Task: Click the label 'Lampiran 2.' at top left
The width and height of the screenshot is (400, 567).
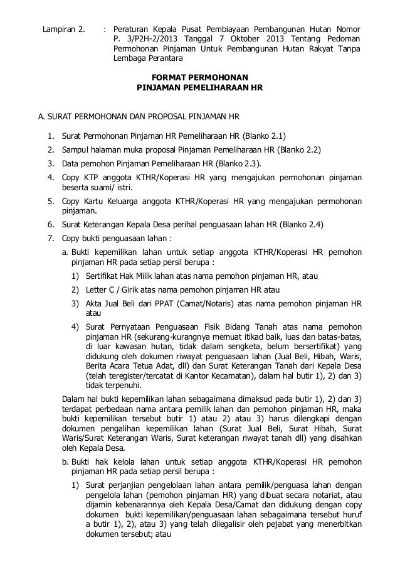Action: (x=63, y=29)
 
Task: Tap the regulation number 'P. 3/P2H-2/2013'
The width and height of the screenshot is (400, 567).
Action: (x=142, y=40)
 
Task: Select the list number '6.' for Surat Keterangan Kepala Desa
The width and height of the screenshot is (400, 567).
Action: (x=50, y=224)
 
